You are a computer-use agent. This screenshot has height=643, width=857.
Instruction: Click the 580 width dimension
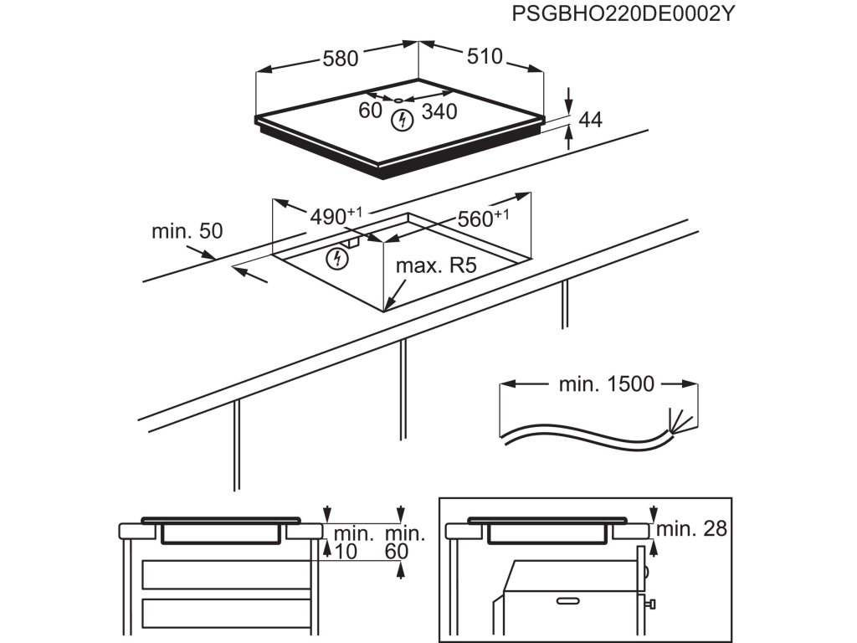click(341, 59)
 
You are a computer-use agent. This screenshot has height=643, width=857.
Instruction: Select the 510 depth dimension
click(483, 57)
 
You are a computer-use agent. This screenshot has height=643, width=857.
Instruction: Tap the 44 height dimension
click(590, 120)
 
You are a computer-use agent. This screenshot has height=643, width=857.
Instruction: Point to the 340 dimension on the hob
click(439, 111)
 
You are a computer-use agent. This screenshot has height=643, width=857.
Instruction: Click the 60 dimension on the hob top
click(370, 110)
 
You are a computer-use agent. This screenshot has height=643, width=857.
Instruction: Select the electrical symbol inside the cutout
click(337, 259)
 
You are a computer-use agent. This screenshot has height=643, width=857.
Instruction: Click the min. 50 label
click(187, 231)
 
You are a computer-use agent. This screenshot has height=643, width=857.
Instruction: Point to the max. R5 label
click(435, 267)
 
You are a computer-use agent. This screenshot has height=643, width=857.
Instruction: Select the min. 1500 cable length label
click(605, 384)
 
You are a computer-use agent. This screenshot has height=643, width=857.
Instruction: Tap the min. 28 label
click(691, 528)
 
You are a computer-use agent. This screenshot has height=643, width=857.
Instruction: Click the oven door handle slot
click(568, 600)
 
